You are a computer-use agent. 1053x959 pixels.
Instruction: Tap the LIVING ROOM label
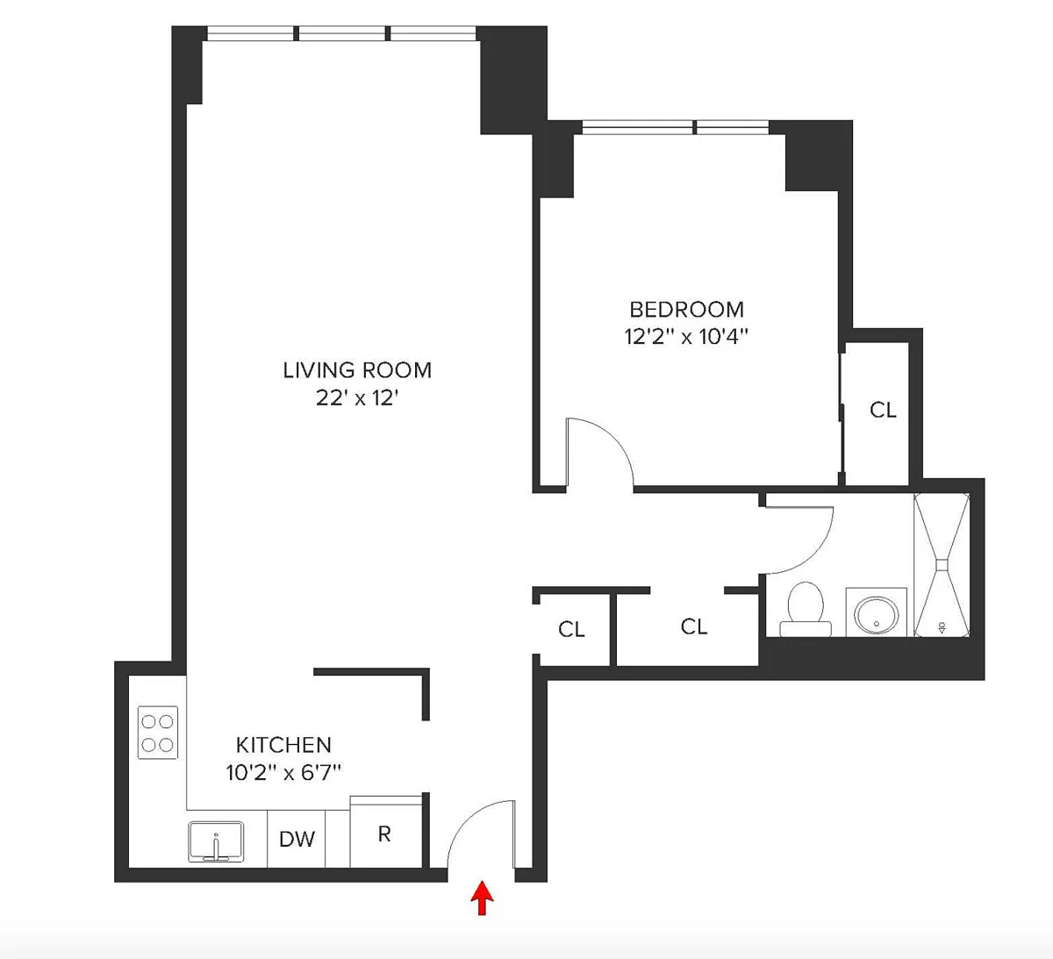coord(357,370)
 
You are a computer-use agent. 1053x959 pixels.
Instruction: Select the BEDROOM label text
coord(686,310)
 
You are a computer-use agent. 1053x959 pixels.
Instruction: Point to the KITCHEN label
coord(283,745)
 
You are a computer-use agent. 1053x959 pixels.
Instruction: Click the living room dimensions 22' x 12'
coord(357,398)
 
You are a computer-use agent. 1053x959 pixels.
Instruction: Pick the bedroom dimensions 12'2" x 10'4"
coord(685,336)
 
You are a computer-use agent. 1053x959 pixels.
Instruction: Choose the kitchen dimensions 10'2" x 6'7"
coord(283,772)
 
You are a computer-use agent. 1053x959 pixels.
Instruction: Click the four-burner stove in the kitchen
coord(157,733)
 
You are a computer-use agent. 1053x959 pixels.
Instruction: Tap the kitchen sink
coord(216,841)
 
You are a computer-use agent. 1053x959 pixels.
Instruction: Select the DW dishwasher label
coord(297,840)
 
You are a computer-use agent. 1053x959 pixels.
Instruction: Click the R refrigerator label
coord(384,834)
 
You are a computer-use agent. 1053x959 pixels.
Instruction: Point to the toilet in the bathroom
coord(806,609)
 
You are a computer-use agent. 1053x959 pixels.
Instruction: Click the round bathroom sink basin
coord(876,615)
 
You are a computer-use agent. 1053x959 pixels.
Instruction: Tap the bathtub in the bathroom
coord(942,565)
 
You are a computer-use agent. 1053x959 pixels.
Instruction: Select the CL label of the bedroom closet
coord(883,410)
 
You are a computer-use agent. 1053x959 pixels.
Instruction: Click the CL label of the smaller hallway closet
coord(571,629)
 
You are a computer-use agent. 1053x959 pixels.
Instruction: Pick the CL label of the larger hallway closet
coord(694,626)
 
